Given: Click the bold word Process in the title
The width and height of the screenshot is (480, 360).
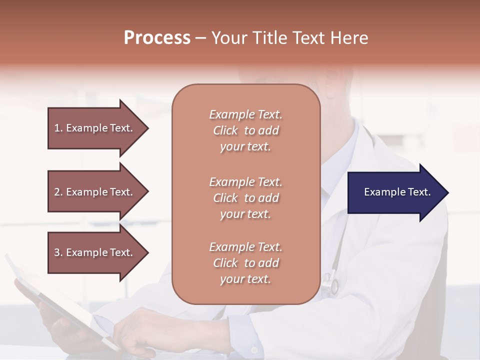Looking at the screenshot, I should pyautogui.click(x=157, y=38).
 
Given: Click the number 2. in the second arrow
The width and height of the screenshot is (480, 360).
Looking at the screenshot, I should pyautogui.click(x=58, y=192).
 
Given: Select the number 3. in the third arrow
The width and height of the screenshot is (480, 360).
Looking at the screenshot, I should pyautogui.click(x=58, y=252).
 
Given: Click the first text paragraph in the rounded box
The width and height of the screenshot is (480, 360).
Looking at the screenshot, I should pyautogui.click(x=245, y=130).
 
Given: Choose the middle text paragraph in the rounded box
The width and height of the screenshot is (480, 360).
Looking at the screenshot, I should pyautogui.click(x=245, y=198).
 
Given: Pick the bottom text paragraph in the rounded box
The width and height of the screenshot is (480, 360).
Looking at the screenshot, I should pyautogui.click(x=245, y=263).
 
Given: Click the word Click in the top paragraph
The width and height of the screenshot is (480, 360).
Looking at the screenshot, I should pyautogui.click(x=225, y=131).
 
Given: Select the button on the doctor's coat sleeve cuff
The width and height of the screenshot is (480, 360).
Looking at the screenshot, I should pyautogui.click(x=254, y=350).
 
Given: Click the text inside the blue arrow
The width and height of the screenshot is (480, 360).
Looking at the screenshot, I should pyautogui.click(x=397, y=192).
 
